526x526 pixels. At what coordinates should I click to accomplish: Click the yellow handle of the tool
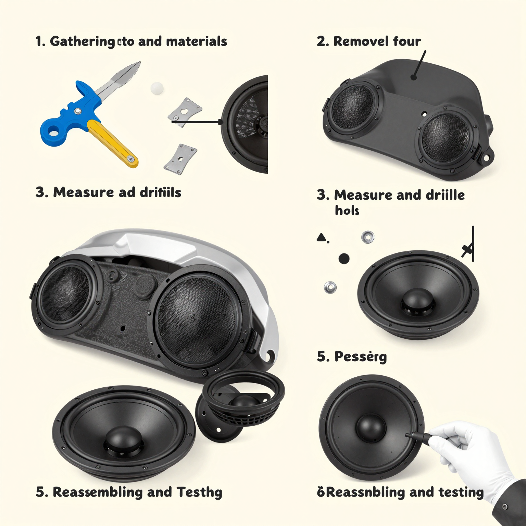pos(113,144)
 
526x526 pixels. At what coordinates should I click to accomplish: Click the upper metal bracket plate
pos(185,112)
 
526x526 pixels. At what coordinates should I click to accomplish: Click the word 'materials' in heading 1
pos(197,41)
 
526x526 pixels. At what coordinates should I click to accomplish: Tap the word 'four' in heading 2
pos(407,41)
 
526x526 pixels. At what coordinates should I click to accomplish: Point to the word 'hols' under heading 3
pos(347,210)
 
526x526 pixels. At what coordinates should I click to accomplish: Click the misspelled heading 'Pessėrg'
pos(360,356)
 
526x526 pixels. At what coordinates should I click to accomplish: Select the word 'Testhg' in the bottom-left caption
pos(199,492)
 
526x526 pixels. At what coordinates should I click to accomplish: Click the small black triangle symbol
pos(321,237)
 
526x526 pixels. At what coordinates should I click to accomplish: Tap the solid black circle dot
pos(343,258)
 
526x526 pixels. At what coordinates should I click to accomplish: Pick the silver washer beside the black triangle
pos(367,237)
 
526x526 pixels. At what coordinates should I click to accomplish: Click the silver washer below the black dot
pos(330,287)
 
